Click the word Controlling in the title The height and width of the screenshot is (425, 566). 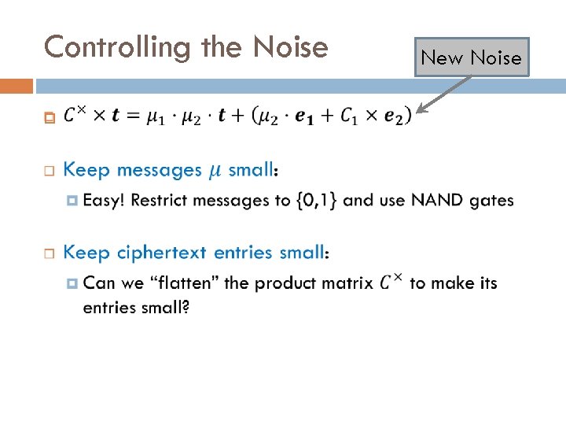[x=119, y=48]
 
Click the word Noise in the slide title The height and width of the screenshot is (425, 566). [x=291, y=48]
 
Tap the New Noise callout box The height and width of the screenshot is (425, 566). [x=471, y=57]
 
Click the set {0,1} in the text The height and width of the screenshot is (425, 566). [x=317, y=200]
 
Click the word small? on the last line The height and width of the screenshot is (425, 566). [x=163, y=307]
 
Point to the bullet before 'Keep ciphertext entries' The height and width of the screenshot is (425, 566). [x=49, y=253]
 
